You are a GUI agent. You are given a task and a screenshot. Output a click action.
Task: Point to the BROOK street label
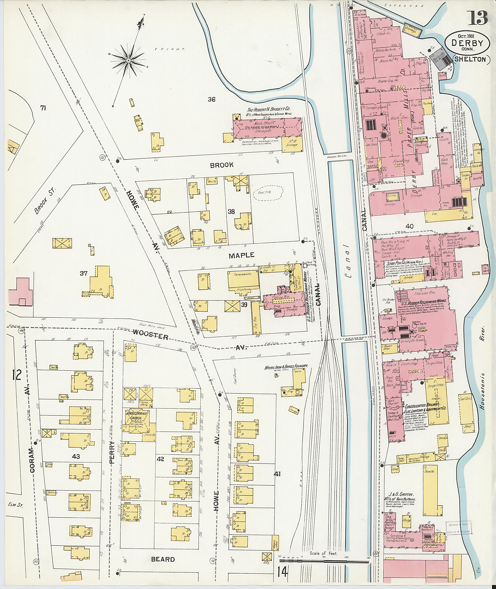(222, 165)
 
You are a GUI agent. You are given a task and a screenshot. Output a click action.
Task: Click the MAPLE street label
(241, 255)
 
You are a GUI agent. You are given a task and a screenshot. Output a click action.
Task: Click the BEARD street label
(163, 559)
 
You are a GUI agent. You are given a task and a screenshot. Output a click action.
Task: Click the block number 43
(76, 456)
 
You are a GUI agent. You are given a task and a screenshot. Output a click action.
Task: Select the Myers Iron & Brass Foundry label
(286, 367)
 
